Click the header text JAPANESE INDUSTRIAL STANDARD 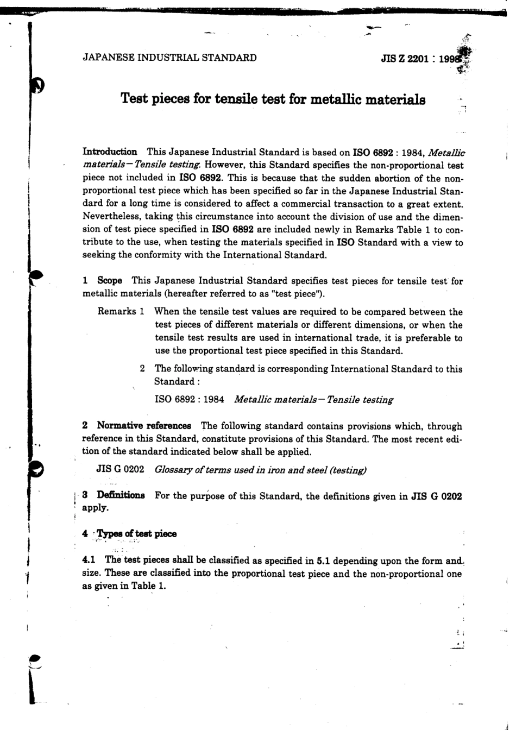coord(169,58)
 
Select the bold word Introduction coord(109,152)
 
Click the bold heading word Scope coord(110,281)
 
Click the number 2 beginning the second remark coord(142,369)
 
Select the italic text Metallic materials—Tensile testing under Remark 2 coord(313,400)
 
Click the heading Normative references coord(144,426)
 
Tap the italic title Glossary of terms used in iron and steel coord(260,470)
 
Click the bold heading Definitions coord(121,496)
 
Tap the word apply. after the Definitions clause coord(95,508)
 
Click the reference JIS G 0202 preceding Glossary coord(120,470)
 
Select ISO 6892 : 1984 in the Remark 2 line coord(190,400)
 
